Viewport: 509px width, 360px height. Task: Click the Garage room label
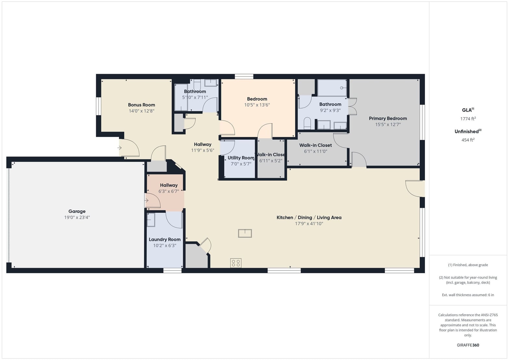(x=77, y=211)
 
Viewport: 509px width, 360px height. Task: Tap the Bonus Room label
(x=141, y=105)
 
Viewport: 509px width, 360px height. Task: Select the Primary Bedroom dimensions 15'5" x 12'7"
(x=388, y=125)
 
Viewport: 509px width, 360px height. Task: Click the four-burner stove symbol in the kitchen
(x=236, y=263)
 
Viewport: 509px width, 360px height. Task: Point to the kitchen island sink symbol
(x=245, y=233)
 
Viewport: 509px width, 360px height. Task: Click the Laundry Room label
(x=165, y=239)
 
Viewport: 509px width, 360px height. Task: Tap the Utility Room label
(x=241, y=158)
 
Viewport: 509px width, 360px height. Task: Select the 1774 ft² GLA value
(x=468, y=118)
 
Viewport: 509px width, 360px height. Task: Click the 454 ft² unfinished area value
(x=468, y=140)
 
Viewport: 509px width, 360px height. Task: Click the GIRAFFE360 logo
(x=468, y=345)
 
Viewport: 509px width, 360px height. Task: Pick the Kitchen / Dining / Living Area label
(x=309, y=217)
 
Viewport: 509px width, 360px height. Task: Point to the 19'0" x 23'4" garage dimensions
(x=77, y=217)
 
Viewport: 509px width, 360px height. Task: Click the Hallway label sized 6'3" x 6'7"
(x=168, y=185)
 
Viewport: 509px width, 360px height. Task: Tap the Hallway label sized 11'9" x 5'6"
(x=203, y=144)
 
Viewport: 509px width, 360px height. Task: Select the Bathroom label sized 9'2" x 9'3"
(x=330, y=104)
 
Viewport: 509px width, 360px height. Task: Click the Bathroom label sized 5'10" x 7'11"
(x=195, y=91)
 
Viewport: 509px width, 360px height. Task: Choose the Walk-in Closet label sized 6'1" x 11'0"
(x=316, y=145)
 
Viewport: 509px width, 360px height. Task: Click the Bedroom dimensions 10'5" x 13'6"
(x=257, y=105)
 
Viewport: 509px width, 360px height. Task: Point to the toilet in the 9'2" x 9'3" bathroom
(x=307, y=123)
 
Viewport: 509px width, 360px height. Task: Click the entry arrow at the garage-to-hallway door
(x=147, y=201)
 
